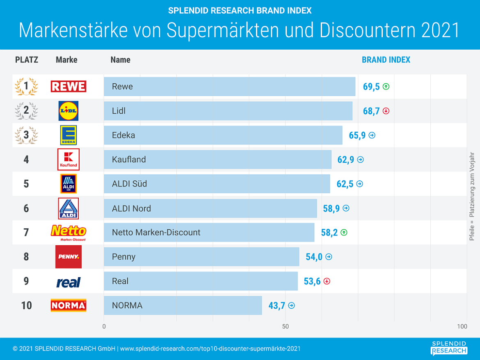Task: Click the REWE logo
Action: (x=68, y=86)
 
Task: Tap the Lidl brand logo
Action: (x=68, y=111)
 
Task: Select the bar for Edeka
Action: (x=223, y=135)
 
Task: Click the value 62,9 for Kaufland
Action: (x=345, y=159)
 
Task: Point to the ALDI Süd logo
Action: (x=68, y=184)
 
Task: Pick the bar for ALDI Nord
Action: (x=210, y=208)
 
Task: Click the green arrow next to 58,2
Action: (x=344, y=232)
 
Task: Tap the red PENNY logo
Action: (x=68, y=257)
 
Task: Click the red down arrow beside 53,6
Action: (x=327, y=281)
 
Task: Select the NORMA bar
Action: (x=183, y=305)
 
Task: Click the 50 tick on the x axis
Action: (x=286, y=326)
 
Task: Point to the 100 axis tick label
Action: (x=462, y=326)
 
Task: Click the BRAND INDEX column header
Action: (x=386, y=60)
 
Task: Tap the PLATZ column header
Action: (x=27, y=60)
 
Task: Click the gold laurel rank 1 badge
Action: (x=26, y=86)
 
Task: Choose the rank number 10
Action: (x=26, y=305)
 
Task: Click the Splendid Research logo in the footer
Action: (x=449, y=347)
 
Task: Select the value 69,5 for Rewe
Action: (x=371, y=87)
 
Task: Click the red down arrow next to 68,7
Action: (x=386, y=111)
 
